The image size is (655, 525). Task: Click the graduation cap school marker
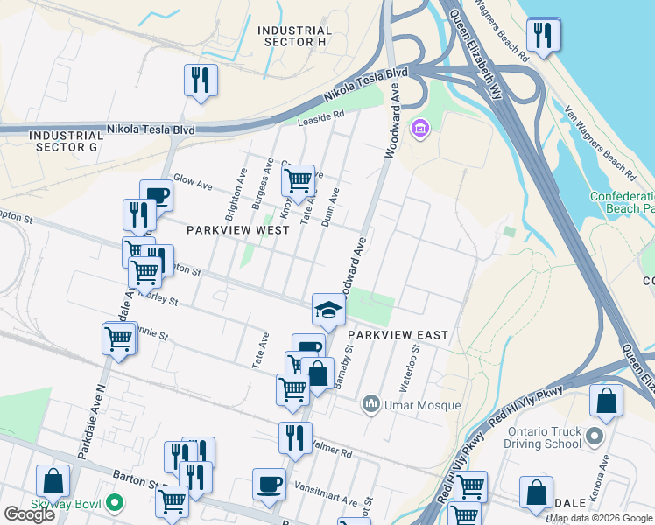point(328,310)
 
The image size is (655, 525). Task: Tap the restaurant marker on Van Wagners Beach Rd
point(543,36)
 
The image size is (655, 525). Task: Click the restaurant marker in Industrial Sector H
point(201,81)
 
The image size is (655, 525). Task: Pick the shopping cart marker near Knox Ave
point(298,180)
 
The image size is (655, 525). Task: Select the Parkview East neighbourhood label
point(398,335)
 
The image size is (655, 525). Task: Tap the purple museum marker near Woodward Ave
point(420,130)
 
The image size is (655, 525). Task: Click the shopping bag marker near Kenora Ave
point(606,401)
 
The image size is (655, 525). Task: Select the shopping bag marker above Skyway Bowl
point(53,482)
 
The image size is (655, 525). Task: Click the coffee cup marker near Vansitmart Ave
point(269,485)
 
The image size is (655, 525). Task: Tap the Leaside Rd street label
point(322,117)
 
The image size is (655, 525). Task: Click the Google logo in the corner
point(29,514)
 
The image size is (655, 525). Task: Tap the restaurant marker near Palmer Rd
point(295,437)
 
